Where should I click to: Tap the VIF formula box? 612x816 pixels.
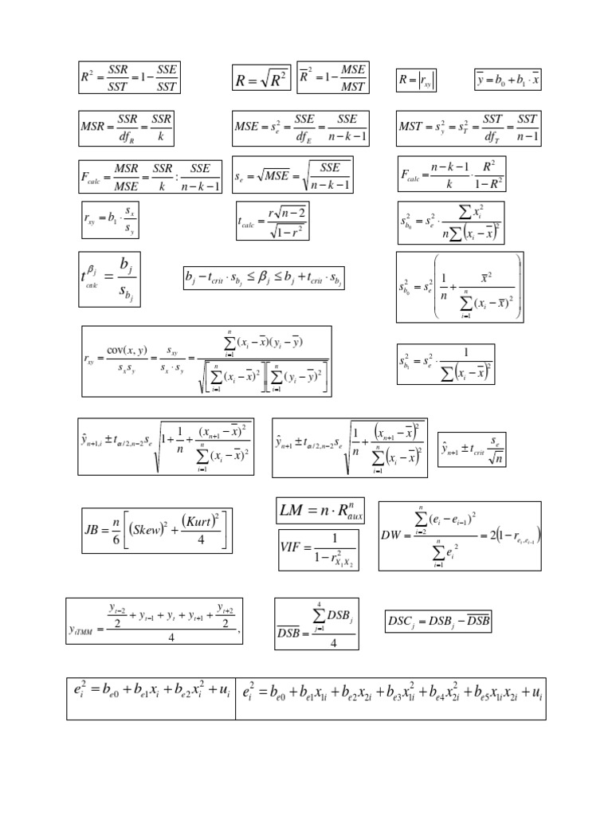coord(317,547)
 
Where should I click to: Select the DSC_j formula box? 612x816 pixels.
coord(437,620)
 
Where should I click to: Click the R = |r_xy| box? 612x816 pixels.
coord(417,80)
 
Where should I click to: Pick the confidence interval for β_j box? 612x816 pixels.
coord(263,278)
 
